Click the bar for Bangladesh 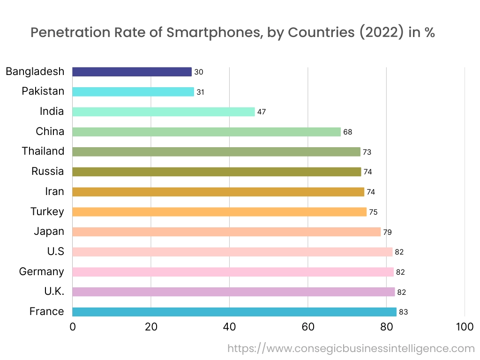pyautogui.click(x=132, y=72)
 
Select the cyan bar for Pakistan pyautogui.click(x=133, y=92)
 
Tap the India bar pyautogui.click(x=164, y=112)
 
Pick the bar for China pyautogui.click(x=206, y=132)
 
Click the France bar pyautogui.click(x=234, y=312)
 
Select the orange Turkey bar pyautogui.click(x=219, y=212)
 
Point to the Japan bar pyautogui.click(x=226, y=232)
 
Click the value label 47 pyautogui.click(x=262, y=112)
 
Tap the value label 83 pyautogui.click(x=403, y=312)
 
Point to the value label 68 pyautogui.click(x=347, y=132)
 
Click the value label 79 pyautogui.click(x=387, y=232)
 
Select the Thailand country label pyautogui.click(x=43, y=151)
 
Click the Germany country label pyautogui.click(x=41, y=271)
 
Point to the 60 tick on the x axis pyautogui.click(x=308, y=327)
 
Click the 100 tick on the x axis pyautogui.click(x=465, y=327)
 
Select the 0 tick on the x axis pyautogui.click(x=73, y=327)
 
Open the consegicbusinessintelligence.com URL pyautogui.click(x=351, y=349)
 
